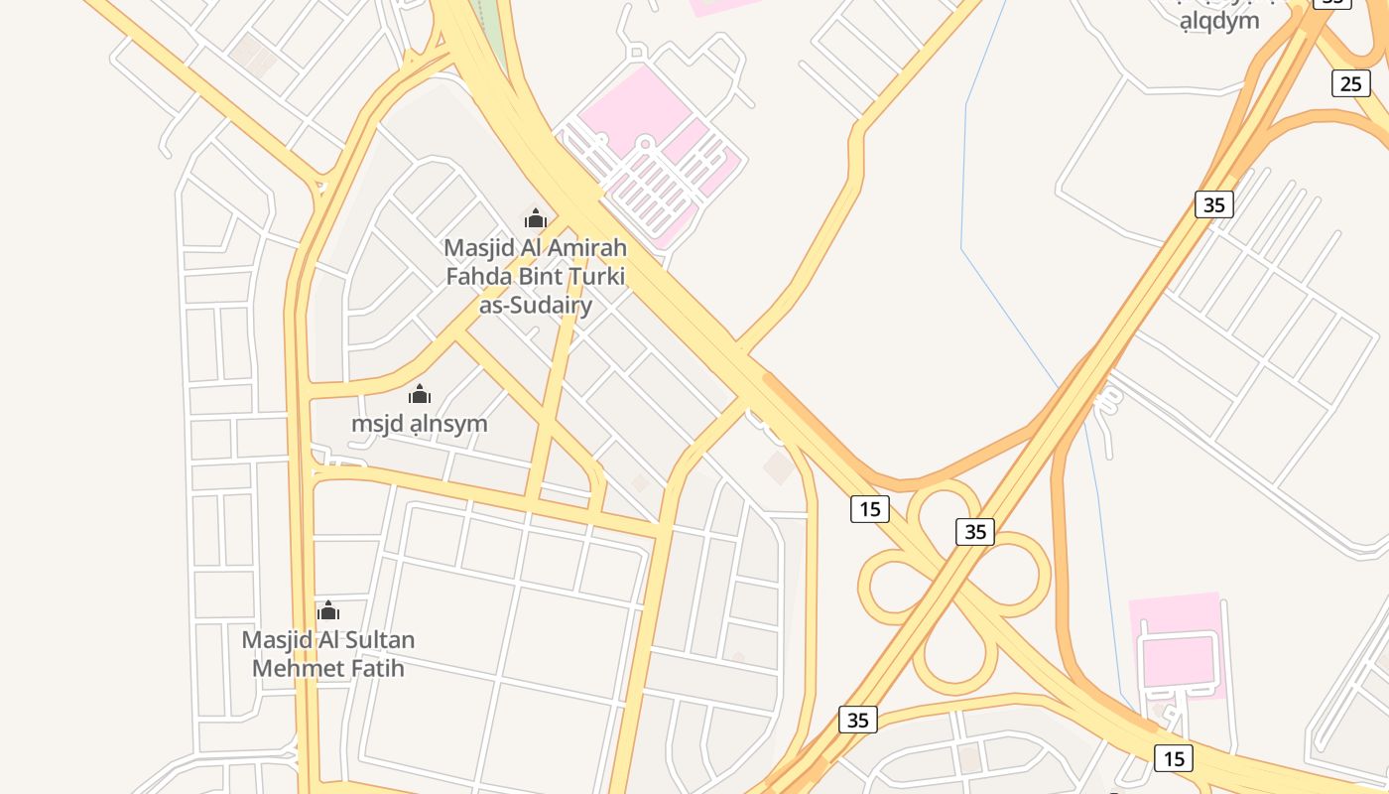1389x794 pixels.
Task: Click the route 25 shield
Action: (x=1350, y=83)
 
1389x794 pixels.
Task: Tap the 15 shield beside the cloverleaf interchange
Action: (x=869, y=509)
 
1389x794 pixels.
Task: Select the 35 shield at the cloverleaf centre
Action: (x=975, y=531)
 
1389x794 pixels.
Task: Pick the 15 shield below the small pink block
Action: (x=1174, y=759)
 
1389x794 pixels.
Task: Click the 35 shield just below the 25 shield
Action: (x=1213, y=204)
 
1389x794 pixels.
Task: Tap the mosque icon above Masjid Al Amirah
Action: (x=536, y=218)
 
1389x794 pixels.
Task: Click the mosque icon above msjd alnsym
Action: (x=420, y=394)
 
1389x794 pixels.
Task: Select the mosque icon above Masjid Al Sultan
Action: (x=328, y=610)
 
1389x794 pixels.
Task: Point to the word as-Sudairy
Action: (x=536, y=305)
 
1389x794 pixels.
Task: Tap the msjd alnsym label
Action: (x=420, y=424)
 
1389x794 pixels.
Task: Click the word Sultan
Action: (x=377, y=640)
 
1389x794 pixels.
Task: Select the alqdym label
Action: (x=1219, y=20)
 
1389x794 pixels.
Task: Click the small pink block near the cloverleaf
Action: (x=1178, y=645)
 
